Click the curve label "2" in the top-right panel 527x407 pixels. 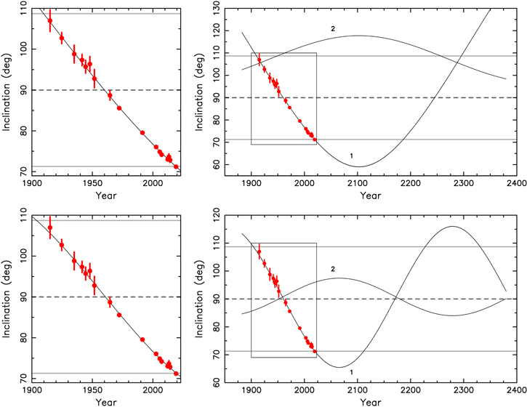click(332, 28)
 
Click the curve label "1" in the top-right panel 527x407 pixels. click(351, 156)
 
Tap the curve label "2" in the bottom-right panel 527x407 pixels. click(333, 269)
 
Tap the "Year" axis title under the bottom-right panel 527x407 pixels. click(371, 402)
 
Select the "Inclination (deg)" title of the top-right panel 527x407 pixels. click(212, 91)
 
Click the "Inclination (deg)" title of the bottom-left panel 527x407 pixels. click(7, 297)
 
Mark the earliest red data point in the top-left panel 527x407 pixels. click(50, 20)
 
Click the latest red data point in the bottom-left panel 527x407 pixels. click(176, 374)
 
